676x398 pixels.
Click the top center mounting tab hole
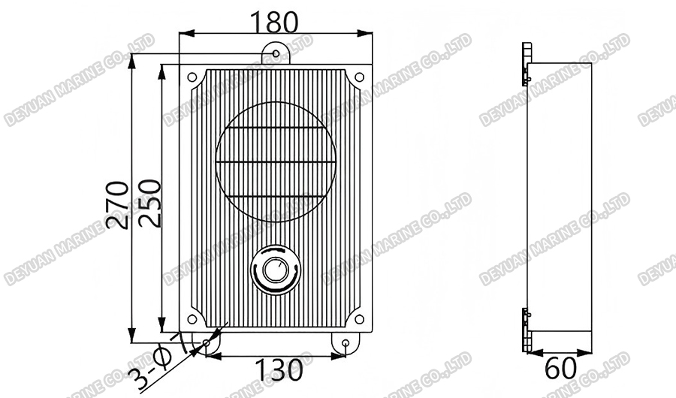pyautogui.click(x=275, y=53)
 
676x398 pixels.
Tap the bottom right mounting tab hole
pyautogui.click(x=345, y=343)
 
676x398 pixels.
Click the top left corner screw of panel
pyautogui.click(x=192, y=77)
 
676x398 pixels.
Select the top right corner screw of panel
pyautogui.click(x=358, y=77)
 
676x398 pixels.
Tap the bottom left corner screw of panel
pyautogui.click(x=192, y=319)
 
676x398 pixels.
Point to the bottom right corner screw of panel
pyautogui.click(x=358, y=319)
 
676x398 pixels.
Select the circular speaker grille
pyautogui.click(x=275, y=162)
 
